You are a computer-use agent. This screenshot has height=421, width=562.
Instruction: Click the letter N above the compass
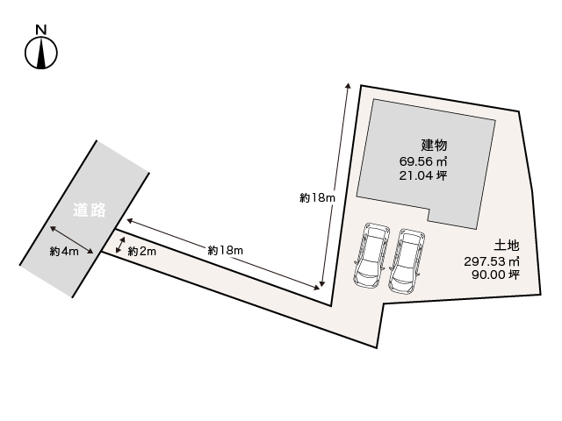click(40, 30)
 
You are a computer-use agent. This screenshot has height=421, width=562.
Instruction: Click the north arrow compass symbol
click(40, 54)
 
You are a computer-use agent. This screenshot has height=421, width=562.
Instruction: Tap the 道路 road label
click(90, 210)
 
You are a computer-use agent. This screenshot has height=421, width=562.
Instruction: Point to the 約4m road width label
click(64, 252)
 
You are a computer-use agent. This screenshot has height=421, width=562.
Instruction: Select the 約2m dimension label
click(141, 252)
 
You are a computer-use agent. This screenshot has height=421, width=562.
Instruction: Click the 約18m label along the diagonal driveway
click(225, 250)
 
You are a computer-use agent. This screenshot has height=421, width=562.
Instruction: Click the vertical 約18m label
click(317, 198)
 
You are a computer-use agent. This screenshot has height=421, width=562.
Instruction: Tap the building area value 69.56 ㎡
click(423, 161)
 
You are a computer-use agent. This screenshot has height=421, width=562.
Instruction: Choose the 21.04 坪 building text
click(423, 175)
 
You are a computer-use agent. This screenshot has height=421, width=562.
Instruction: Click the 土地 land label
click(505, 246)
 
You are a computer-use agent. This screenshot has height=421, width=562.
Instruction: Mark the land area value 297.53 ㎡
click(492, 260)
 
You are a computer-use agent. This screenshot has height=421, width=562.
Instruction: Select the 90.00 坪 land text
click(495, 275)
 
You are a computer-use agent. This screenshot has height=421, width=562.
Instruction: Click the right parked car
click(407, 260)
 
